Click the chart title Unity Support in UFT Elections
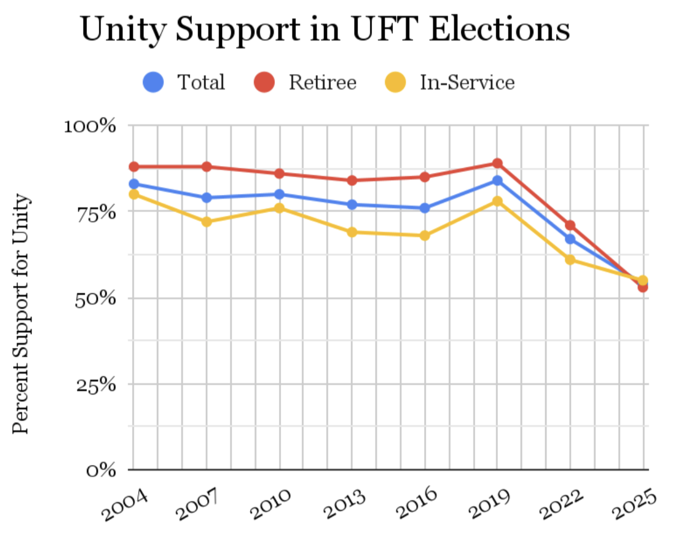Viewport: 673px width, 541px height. pyautogui.click(x=325, y=28)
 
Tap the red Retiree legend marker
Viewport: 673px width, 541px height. pyautogui.click(x=263, y=82)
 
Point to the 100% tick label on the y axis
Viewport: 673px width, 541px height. pyautogui.click(x=90, y=125)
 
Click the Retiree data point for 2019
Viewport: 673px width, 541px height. pyautogui.click(x=497, y=163)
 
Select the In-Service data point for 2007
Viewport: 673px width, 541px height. pyautogui.click(x=207, y=222)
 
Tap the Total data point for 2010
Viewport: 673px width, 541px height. pyautogui.click(x=279, y=194)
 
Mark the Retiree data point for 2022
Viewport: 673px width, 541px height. pyautogui.click(x=570, y=225)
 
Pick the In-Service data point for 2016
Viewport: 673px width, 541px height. pyautogui.click(x=425, y=235)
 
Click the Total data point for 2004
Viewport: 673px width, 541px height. pyautogui.click(x=134, y=184)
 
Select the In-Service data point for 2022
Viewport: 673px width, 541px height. pyautogui.click(x=570, y=260)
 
